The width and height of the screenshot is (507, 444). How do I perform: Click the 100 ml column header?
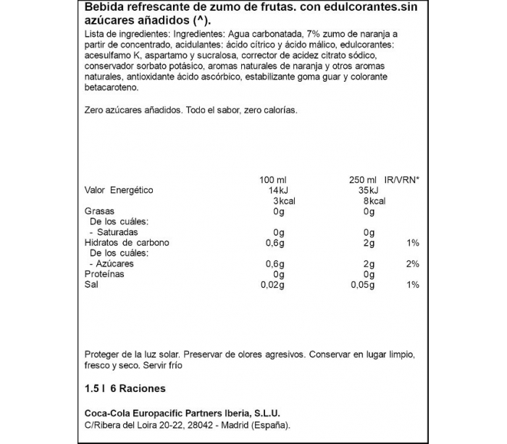point(272,179)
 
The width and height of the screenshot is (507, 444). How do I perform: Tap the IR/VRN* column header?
point(401,179)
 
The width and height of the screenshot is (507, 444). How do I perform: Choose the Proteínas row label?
point(104,274)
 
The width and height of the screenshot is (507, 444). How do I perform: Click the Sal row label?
point(91,285)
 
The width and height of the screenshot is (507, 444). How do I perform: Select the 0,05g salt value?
point(361,285)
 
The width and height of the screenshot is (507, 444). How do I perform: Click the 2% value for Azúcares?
point(413,264)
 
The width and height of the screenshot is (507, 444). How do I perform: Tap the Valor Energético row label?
point(119,189)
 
